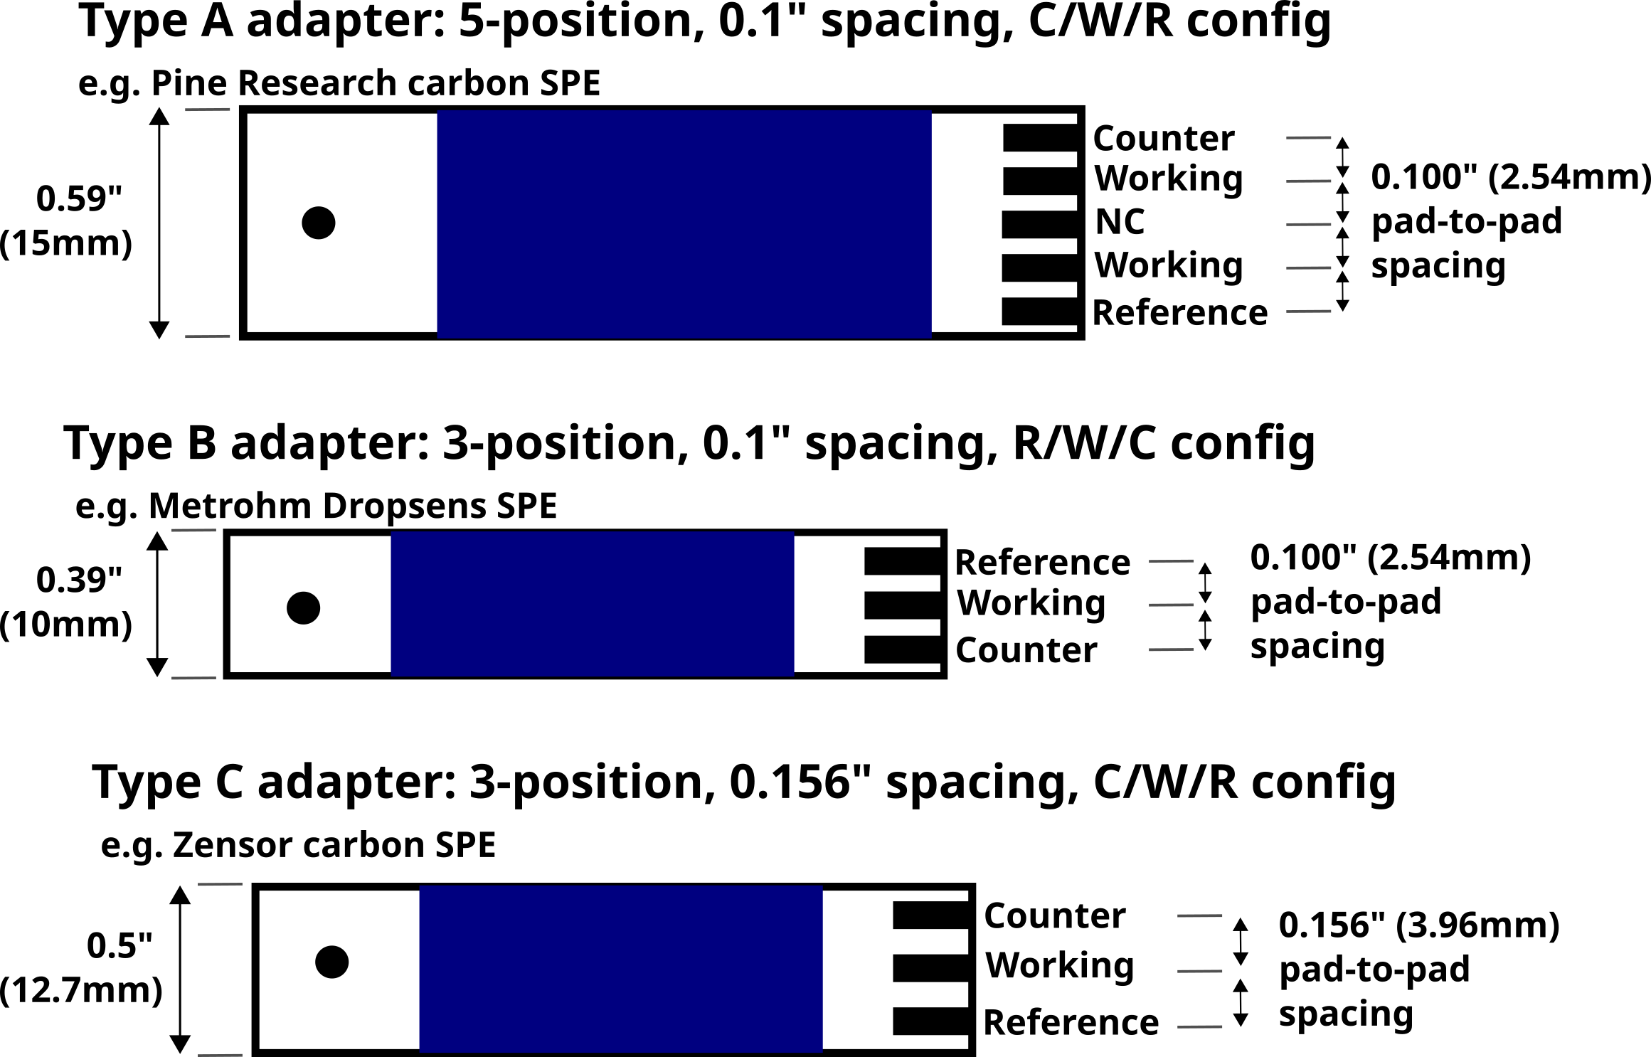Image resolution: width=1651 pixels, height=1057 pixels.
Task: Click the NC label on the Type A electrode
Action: [1120, 222]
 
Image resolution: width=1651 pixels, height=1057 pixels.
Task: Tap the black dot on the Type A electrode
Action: [319, 223]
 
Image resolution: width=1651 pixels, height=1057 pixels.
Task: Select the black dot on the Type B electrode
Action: [304, 608]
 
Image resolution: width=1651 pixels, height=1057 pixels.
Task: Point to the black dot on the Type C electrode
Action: [332, 962]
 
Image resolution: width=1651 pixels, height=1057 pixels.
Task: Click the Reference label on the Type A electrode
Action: [1179, 313]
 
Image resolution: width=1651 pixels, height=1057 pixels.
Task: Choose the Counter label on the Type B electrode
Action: [1026, 650]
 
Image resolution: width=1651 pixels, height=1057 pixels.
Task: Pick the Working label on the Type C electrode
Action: [1059, 965]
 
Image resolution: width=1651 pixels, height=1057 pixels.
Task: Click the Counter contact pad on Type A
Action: [1040, 138]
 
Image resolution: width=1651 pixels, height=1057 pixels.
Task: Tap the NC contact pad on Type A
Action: [1040, 224]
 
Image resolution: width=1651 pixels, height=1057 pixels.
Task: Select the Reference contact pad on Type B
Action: [902, 561]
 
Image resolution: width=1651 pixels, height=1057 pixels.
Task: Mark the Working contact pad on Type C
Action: [930, 968]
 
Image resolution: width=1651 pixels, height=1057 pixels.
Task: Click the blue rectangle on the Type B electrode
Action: [592, 604]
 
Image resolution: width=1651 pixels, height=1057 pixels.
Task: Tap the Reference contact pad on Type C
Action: [930, 1021]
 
